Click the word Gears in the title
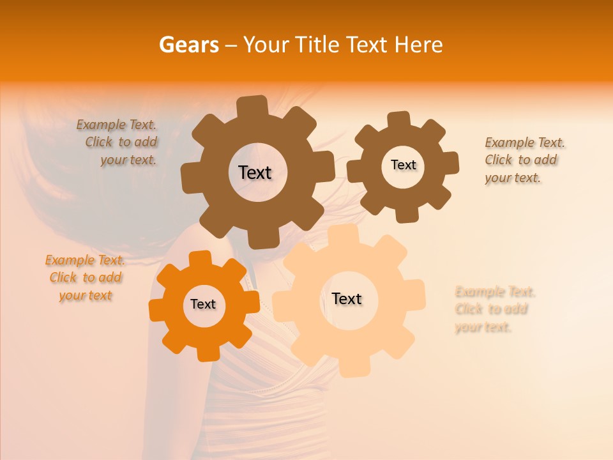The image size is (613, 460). coord(188,45)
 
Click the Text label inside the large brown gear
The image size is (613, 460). coord(255,172)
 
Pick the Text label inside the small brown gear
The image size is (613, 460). coord(403,165)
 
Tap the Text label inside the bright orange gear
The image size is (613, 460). coord(203,305)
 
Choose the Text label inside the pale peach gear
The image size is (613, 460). coord(347,298)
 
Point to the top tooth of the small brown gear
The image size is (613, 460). coord(399,120)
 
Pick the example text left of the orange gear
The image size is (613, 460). coord(85,277)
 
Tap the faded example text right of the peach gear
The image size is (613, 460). coord(494,309)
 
